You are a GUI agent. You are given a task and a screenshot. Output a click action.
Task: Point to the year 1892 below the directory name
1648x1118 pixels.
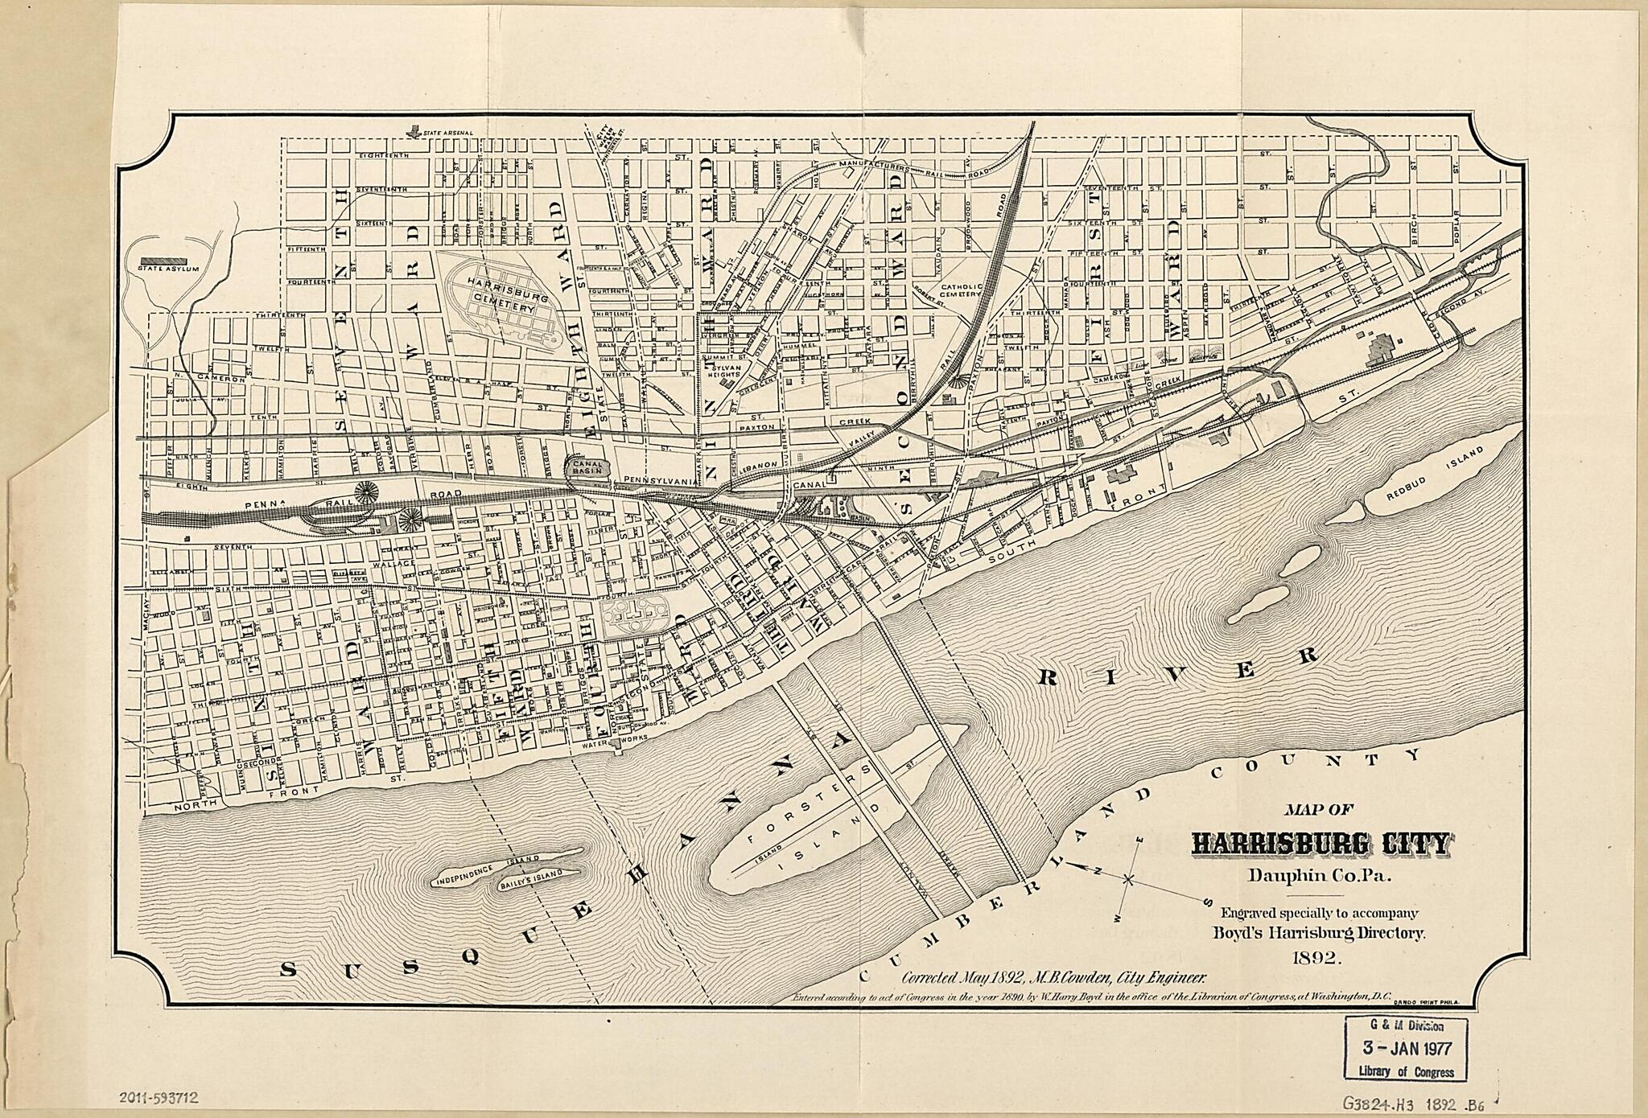[x=1316, y=957]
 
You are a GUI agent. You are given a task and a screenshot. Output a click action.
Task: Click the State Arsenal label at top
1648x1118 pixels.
[x=447, y=132]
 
